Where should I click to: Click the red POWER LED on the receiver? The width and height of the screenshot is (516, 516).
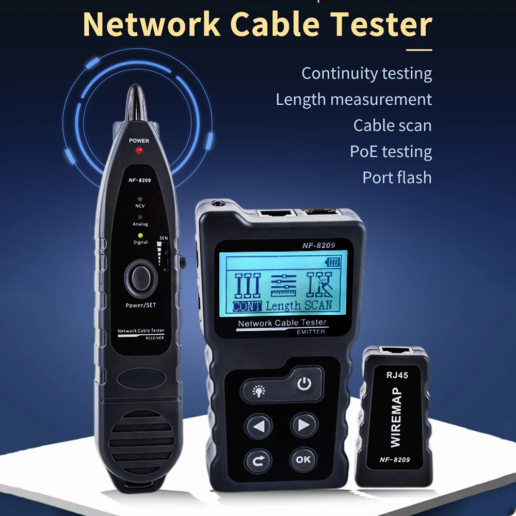point(138,150)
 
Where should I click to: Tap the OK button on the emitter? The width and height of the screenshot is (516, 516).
point(303,458)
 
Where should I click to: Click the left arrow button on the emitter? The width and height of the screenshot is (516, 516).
point(259,426)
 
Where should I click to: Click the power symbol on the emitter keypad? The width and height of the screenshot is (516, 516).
point(304,383)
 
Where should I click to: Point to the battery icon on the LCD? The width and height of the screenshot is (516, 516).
point(333,262)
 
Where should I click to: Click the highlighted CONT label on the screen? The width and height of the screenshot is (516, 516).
point(247,305)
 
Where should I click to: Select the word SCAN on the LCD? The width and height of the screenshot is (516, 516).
point(318,304)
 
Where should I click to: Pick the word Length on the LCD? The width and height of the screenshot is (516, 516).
point(283,305)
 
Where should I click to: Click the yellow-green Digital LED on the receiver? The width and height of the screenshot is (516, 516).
point(140,235)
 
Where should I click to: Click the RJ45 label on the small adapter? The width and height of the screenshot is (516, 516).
point(397,375)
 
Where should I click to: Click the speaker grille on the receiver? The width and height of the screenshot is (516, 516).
point(141,436)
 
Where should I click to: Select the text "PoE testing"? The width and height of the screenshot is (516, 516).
point(391,151)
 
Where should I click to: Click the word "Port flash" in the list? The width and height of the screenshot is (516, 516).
point(397,177)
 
